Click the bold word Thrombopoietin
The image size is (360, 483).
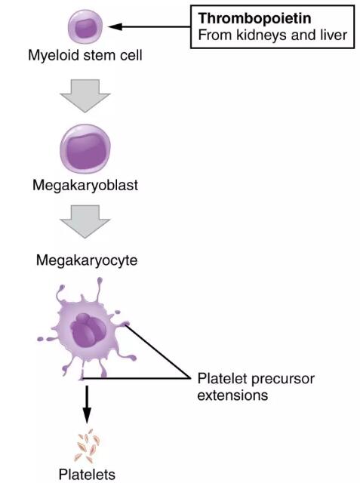click(x=254, y=18)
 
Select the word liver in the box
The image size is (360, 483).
click(x=334, y=35)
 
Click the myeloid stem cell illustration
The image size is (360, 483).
click(x=85, y=27)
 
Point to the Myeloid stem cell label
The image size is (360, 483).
click(x=85, y=56)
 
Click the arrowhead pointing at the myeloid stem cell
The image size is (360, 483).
click(x=115, y=27)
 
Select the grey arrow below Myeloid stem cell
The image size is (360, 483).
click(x=85, y=96)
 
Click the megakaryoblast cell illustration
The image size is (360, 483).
click(x=85, y=149)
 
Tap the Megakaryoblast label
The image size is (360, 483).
click(x=85, y=186)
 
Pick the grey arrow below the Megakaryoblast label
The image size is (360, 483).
click(x=85, y=221)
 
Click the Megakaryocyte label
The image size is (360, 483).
click(x=87, y=260)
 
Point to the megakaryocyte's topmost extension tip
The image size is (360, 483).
click(x=100, y=280)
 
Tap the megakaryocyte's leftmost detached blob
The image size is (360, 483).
click(x=40, y=339)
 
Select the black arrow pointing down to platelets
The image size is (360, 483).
click(x=87, y=405)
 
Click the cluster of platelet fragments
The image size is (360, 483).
click(x=88, y=445)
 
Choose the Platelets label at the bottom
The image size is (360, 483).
click(x=87, y=475)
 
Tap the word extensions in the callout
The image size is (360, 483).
click(x=232, y=395)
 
